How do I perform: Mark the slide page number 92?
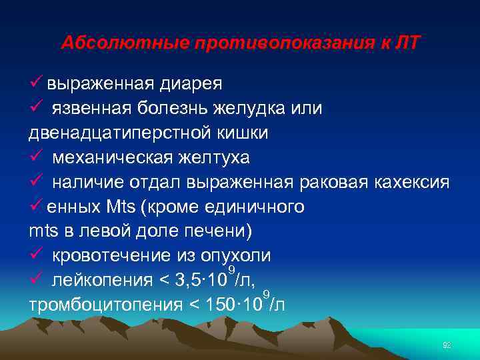(447, 344)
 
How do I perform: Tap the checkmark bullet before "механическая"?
(36, 158)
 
